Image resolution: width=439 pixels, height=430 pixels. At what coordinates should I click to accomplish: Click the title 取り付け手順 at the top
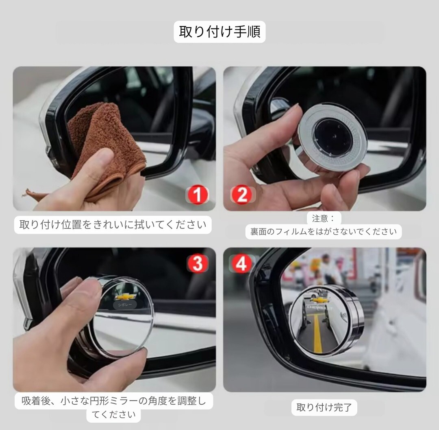[x=219, y=31]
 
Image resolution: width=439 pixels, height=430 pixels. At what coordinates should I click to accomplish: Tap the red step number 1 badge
[x=198, y=195]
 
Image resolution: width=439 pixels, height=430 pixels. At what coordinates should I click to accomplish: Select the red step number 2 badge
[x=242, y=195]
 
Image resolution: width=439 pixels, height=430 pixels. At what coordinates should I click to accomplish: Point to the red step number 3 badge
[x=198, y=263]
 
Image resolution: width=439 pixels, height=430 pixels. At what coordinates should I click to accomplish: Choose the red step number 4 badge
[x=241, y=263]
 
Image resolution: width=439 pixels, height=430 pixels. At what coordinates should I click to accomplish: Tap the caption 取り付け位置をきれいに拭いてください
[x=113, y=225]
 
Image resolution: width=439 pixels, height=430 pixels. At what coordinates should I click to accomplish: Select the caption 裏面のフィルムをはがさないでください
[x=324, y=232]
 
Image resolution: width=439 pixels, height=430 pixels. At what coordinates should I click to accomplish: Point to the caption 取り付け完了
[x=324, y=407]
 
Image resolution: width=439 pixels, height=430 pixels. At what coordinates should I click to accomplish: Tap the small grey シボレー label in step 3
[x=125, y=305]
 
